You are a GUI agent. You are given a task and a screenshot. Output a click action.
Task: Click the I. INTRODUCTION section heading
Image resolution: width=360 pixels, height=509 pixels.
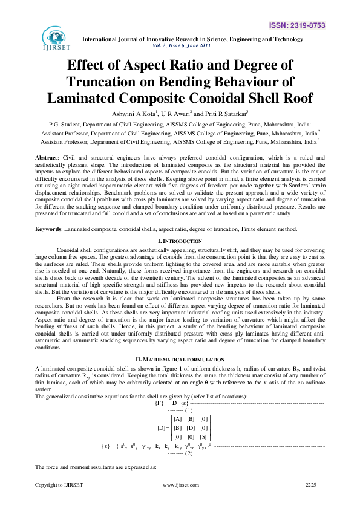pos(180,224)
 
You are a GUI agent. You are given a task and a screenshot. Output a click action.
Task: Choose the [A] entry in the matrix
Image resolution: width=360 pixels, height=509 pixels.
pos(177,419)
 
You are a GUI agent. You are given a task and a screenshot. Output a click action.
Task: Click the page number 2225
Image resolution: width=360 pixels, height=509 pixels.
pos(310,502)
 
